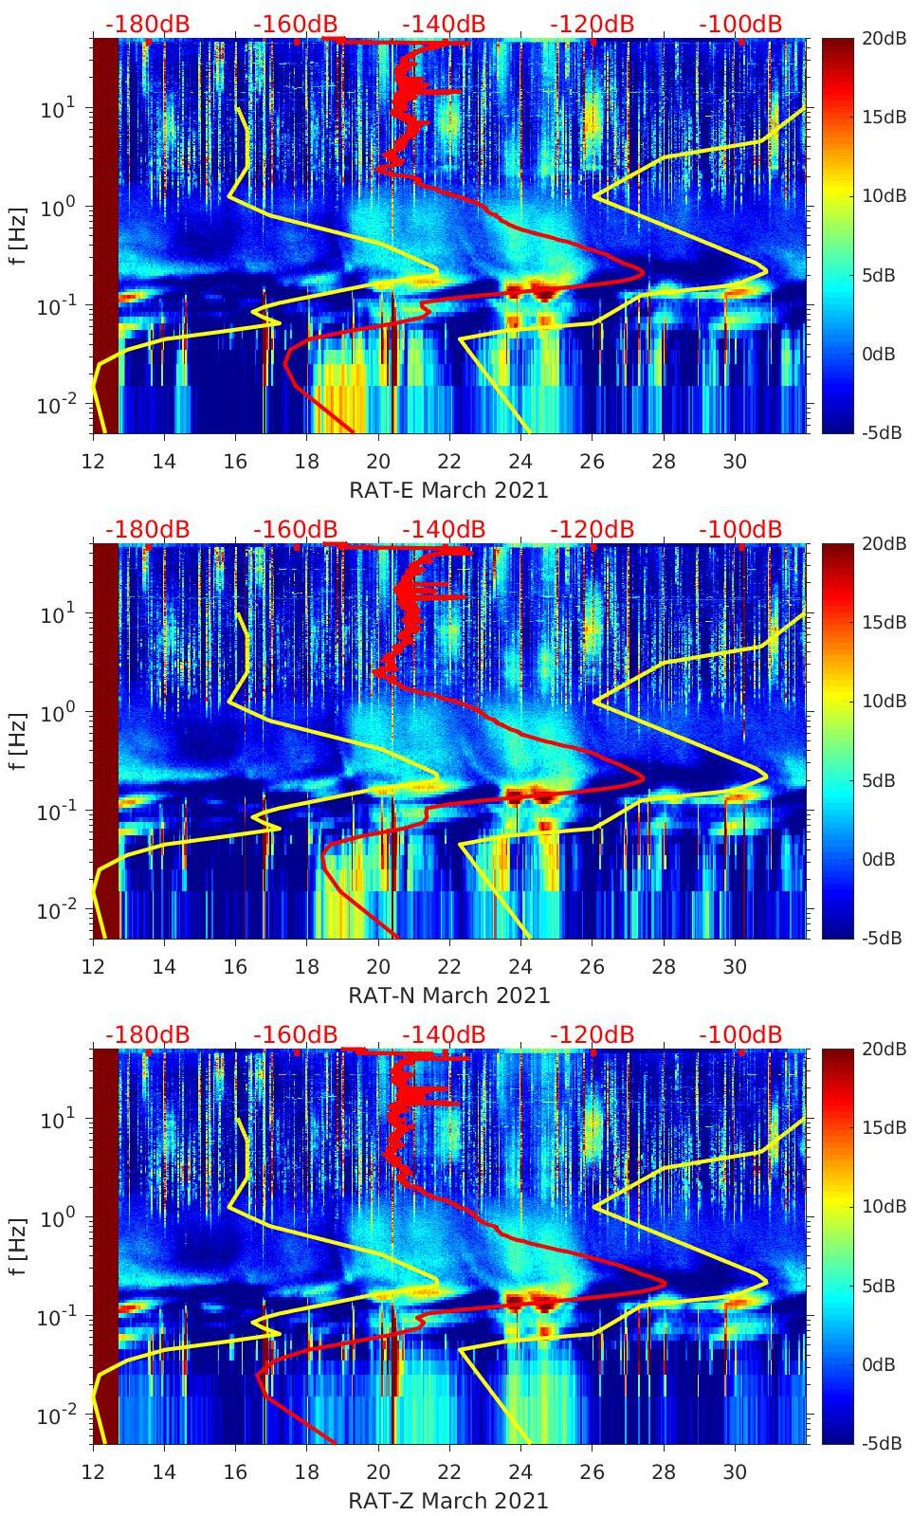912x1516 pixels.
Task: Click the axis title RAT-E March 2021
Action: click(448, 490)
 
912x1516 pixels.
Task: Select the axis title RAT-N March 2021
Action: click(448, 995)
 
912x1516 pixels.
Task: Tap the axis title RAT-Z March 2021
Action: click(448, 1501)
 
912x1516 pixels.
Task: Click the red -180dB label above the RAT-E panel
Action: click(147, 25)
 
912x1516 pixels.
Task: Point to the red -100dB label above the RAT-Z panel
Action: click(740, 1034)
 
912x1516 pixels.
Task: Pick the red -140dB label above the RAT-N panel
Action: click(444, 529)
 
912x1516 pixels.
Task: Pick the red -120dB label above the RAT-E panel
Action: click(593, 25)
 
